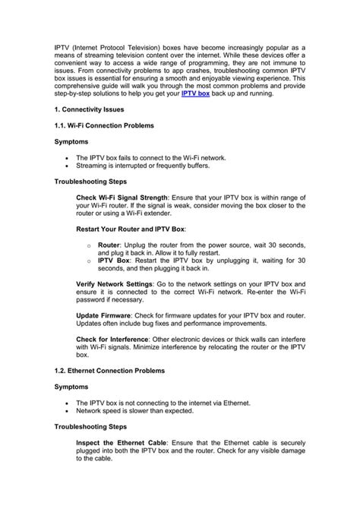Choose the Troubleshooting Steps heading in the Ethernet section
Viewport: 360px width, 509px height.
coord(90,444)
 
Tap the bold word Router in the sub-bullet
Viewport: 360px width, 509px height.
coord(109,247)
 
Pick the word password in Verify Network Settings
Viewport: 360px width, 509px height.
coord(94,299)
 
